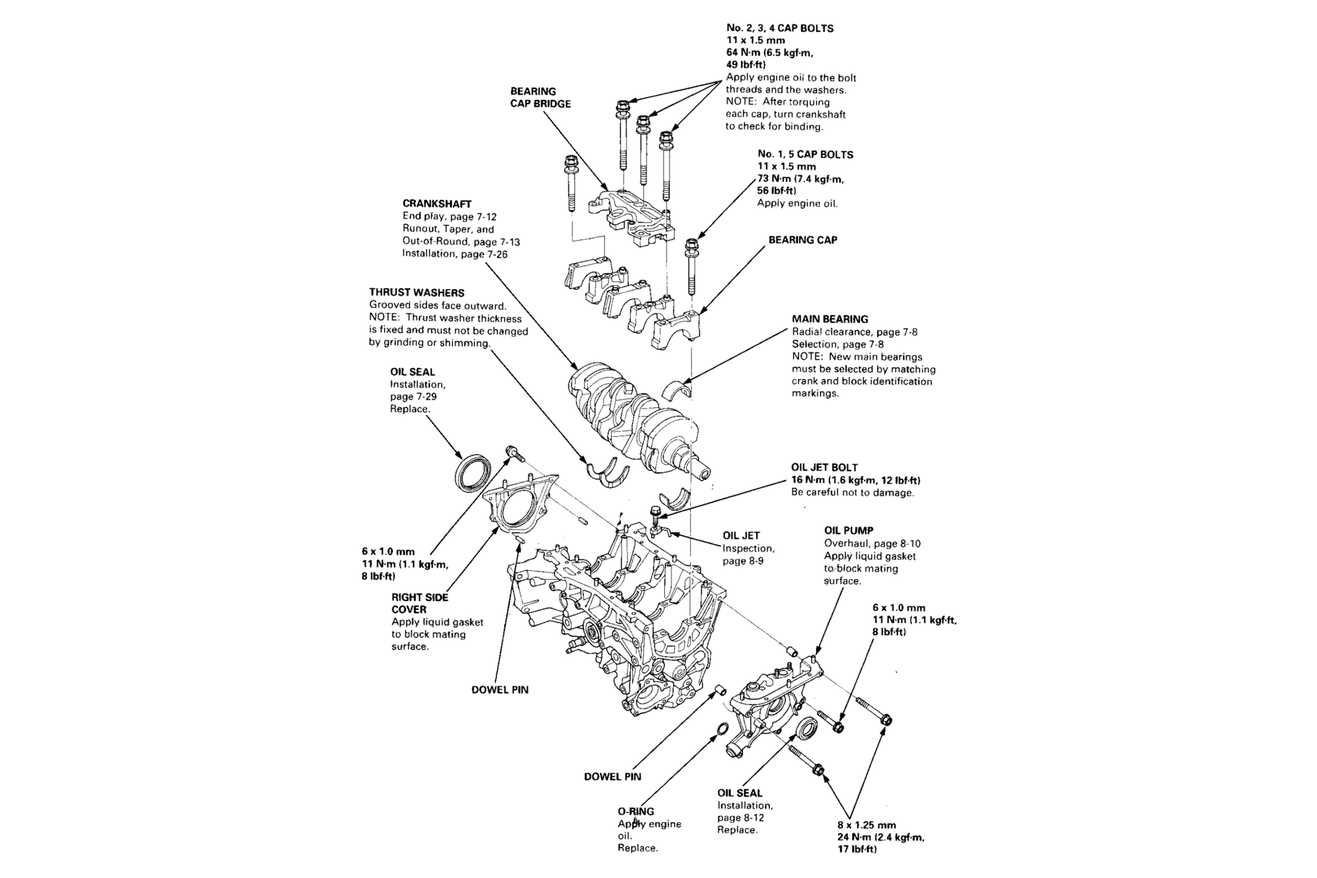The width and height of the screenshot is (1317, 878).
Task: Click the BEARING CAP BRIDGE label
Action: point(540,97)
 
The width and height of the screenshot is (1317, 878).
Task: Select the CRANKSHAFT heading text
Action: point(437,204)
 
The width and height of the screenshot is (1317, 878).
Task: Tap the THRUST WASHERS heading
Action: point(417,292)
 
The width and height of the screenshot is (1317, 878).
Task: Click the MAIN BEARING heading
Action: point(830,319)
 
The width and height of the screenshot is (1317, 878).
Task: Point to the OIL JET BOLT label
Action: point(824,468)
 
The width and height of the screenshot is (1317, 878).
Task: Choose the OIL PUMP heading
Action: point(848,530)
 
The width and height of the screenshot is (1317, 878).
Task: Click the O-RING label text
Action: point(635,811)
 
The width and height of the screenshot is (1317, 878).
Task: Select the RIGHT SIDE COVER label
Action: point(419,603)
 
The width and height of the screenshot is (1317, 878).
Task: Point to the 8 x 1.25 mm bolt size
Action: point(866,825)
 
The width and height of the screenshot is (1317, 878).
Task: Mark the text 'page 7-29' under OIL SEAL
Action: point(413,397)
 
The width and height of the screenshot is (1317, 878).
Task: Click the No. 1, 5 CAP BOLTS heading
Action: point(805,154)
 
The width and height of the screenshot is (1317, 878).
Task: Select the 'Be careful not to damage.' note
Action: point(852,493)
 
